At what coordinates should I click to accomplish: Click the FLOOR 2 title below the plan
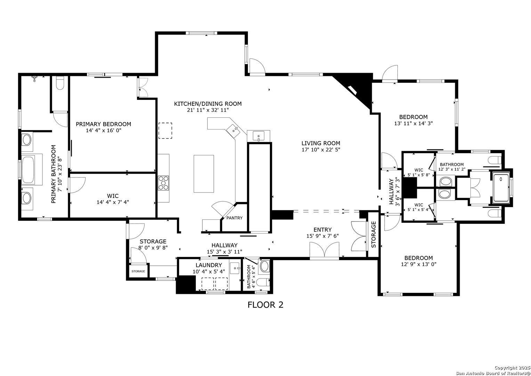pos(265,305)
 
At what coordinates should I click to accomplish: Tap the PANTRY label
pos(234,218)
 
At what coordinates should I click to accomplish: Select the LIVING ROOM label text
pos(321,143)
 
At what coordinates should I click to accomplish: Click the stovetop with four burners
pos(163,183)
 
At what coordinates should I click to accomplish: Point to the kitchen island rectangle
pos(204,174)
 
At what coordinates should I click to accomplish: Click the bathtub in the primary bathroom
pos(28,170)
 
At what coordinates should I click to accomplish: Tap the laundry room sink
pos(235,268)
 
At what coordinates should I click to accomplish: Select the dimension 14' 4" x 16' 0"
pos(104,130)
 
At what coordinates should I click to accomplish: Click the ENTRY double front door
pos(324,250)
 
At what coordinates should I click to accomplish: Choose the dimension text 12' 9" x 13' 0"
pos(419,264)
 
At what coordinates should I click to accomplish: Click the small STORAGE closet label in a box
pos(138,271)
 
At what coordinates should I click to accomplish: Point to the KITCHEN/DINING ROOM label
pos(208,104)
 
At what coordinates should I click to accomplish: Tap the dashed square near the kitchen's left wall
pos(165,131)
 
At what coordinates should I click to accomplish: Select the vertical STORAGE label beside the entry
pos(373,235)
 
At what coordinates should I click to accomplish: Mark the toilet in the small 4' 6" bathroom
pos(264,282)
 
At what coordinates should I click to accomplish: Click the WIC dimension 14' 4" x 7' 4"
pos(113,202)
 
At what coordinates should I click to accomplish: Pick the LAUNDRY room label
pos(209,265)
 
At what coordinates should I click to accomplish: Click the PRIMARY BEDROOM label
pos(103,124)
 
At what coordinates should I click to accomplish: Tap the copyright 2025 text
pos(512,368)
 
